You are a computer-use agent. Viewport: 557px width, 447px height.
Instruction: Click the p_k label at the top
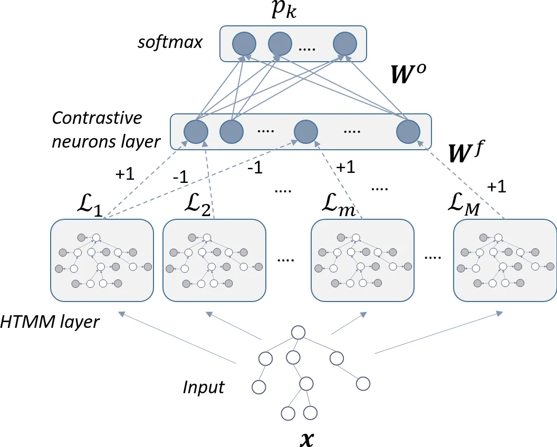284,11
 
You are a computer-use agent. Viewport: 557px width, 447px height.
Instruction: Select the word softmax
170,42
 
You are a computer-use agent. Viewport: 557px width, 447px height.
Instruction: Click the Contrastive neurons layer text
105,130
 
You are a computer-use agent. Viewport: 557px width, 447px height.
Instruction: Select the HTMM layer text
51,321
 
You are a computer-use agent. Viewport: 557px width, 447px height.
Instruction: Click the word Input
204,387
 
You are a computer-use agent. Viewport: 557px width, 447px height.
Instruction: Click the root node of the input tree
298,333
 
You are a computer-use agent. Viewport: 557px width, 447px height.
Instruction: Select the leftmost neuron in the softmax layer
244,43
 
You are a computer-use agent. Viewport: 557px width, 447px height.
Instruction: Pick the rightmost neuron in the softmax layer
344,43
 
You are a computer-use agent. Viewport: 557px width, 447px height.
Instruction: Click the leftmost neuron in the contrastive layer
195,131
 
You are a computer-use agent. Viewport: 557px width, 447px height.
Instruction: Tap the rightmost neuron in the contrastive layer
408,131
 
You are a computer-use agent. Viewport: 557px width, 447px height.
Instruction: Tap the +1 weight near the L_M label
496,187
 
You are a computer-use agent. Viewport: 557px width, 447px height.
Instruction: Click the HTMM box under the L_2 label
214,260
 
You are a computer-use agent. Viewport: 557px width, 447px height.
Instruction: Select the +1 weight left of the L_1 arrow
124,175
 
